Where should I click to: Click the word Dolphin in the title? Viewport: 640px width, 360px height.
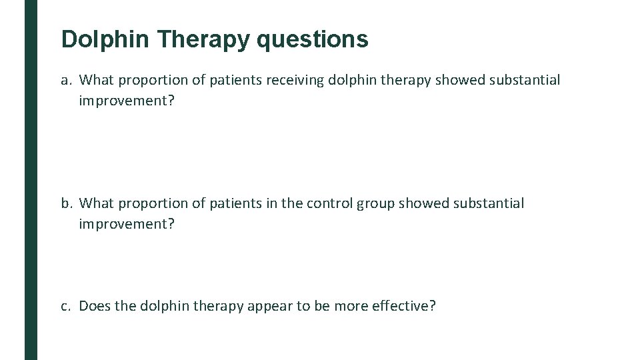point(105,39)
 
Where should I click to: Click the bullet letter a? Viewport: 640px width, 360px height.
point(65,81)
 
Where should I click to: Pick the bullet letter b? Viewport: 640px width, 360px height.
point(65,203)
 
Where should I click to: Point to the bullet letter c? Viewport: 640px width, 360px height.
point(65,306)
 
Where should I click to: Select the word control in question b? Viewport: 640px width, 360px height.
point(329,203)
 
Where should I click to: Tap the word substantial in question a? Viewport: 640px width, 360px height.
point(525,81)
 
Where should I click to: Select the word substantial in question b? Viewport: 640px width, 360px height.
point(489,203)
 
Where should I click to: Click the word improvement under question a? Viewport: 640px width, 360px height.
point(127,101)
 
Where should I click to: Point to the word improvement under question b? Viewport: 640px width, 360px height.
point(127,223)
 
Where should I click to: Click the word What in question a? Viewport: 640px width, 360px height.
point(97,81)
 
